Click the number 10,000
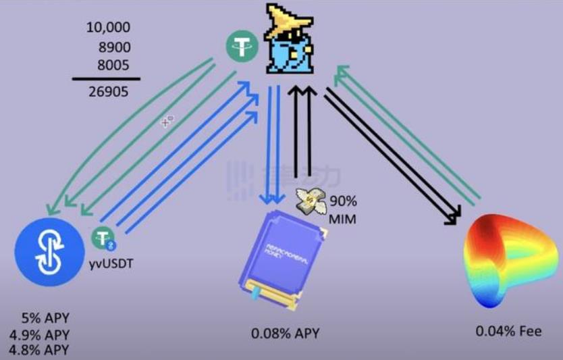(108, 28)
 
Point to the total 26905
(108, 92)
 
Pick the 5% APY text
(45, 318)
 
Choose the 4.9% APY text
(39, 335)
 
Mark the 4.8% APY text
(39, 350)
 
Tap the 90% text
(342, 202)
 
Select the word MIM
(342, 218)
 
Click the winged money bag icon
(312, 201)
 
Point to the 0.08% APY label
(285, 334)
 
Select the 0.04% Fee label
(508, 332)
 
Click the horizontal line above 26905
(107, 79)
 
